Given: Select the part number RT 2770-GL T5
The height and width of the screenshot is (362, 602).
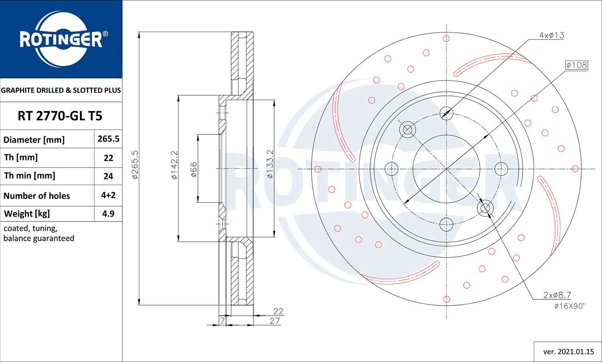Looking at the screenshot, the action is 60,116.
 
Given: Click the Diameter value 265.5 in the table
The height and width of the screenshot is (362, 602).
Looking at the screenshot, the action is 108,139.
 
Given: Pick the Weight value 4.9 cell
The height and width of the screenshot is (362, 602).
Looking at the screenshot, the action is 108,214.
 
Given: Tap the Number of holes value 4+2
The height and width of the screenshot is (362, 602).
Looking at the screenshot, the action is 108,195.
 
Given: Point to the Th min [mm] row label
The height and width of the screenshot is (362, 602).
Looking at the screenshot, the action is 30,176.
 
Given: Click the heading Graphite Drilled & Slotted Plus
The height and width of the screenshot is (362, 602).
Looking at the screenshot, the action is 61,90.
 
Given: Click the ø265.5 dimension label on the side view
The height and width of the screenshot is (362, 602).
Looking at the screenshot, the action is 135,165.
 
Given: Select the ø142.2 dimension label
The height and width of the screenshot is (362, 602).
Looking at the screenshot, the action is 175,165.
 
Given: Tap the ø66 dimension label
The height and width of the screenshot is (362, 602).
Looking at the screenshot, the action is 194,170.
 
